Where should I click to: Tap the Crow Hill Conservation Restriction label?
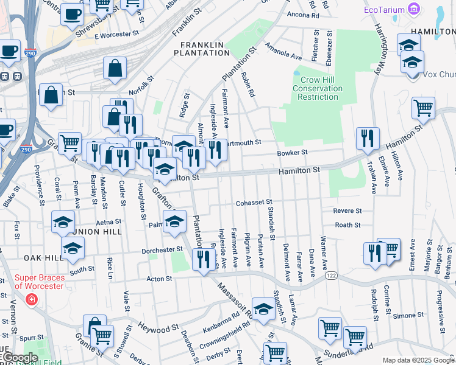(x=318, y=88)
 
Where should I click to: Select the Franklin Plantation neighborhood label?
(x=201, y=48)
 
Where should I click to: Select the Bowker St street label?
(x=293, y=153)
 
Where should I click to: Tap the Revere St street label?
(x=347, y=211)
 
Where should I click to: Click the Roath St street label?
(x=347, y=225)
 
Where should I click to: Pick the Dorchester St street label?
(x=162, y=249)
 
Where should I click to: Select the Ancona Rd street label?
(x=302, y=14)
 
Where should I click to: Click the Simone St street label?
(x=404, y=316)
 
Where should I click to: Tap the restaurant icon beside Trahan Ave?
(x=368, y=139)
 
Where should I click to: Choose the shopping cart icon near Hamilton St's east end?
(x=423, y=108)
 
